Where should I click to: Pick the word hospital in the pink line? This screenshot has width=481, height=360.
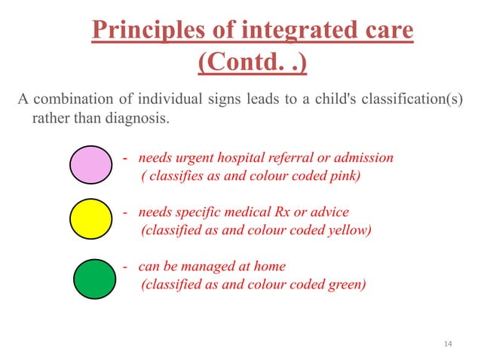tap(243, 158)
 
